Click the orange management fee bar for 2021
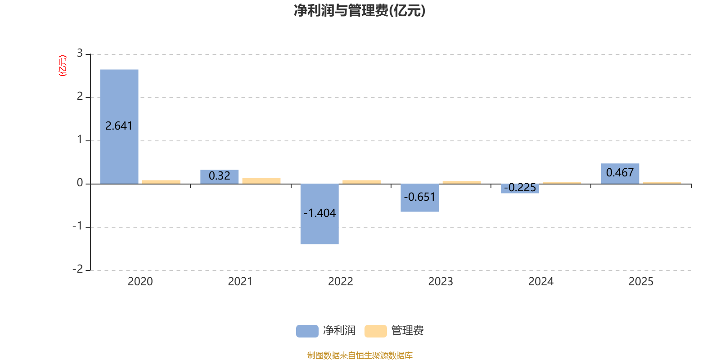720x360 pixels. (261, 181)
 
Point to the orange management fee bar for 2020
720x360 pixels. (161, 182)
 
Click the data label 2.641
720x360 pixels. (119, 126)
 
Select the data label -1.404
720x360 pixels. (319, 213)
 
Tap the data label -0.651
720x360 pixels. (419, 197)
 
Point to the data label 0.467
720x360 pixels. (620, 173)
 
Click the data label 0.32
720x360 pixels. (219, 176)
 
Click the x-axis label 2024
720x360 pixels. (540, 282)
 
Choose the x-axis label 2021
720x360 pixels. (240, 282)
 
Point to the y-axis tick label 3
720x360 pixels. (80, 54)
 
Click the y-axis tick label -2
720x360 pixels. (78, 269)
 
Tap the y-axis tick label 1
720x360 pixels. (80, 140)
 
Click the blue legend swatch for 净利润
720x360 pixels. (307, 331)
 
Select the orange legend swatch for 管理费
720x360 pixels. (375, 331)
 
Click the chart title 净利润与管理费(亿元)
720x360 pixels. (359, 11)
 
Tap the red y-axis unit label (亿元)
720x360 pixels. (63, 66)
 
